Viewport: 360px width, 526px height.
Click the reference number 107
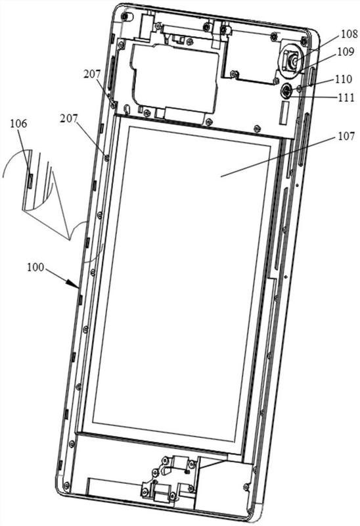pyautogui.click(x=347, y=136)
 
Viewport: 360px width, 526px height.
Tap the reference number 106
pyautogui.click(x=18, y=124)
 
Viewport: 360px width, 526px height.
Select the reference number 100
pyautogui.click(x=35, y=267)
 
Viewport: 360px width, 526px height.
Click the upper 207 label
pyautogui.click(x=92, y=74)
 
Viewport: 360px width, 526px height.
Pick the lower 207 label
pyautogui.click(x=69, y=118)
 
